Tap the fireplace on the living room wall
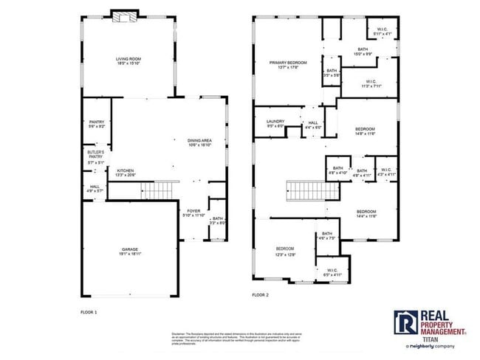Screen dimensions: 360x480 click(x=123, y=17)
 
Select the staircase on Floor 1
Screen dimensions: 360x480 click(x=157, y=191)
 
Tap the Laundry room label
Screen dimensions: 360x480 click(x=275, y=124)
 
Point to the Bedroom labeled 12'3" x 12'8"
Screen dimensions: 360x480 click(x=285, y=250)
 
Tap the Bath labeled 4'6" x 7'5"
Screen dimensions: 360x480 click(x=326, y=235)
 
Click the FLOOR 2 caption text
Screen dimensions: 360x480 click(x=261, y=295)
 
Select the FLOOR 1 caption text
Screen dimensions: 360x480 click(x=89, y=312)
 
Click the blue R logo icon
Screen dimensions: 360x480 click(x=405, y=322)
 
